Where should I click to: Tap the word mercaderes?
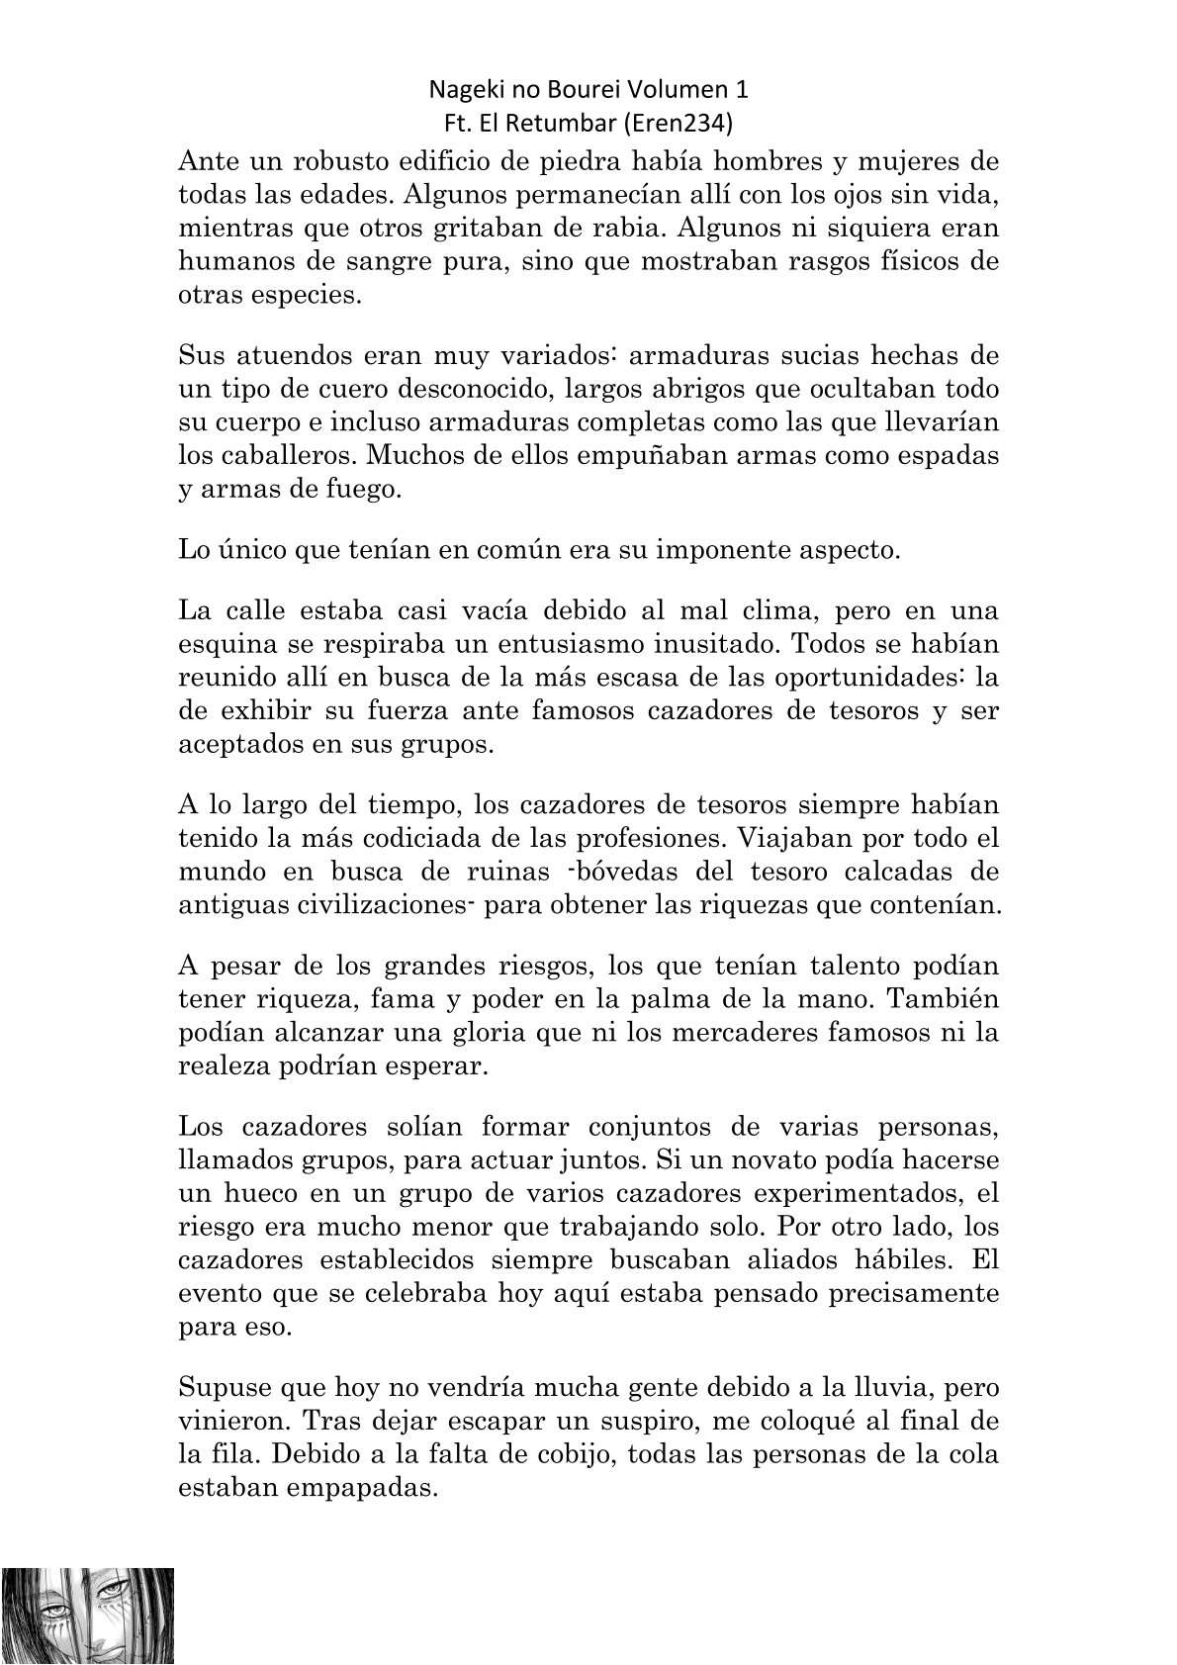point(741,1032)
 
